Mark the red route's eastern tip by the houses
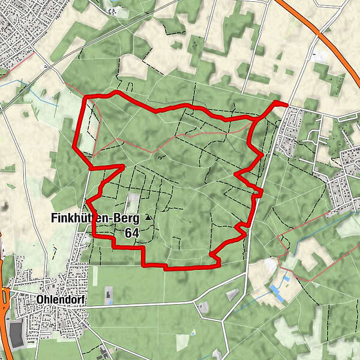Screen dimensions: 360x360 pyautogui.click(x=286, y=104)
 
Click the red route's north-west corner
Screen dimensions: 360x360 pyautogui.click(x=85, y=97)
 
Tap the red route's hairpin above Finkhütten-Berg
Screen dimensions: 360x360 pyautogui.click(x=123, y=166)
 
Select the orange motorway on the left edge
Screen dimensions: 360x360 pyautogui.click(x=3, y=312)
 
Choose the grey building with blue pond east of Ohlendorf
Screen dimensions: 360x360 pyautogui.click(x=109, y=294)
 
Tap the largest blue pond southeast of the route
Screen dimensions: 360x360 pyautogui.click(x=277, y=292)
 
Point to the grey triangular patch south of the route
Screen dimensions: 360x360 pyautogui.click(x=232, y=295)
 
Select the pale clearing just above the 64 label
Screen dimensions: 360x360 pyautogui.click(x=133, y=201)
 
